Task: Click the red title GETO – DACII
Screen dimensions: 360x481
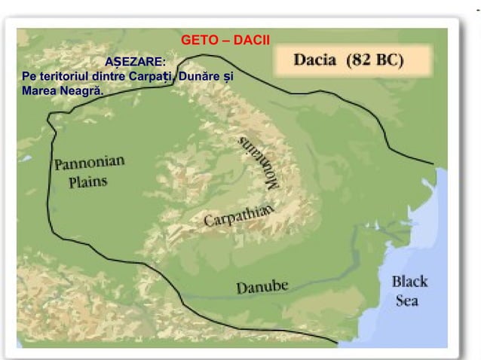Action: coord(225,39)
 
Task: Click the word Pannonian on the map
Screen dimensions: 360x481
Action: coord(89,163)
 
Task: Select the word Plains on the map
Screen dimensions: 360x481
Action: coord(88,182)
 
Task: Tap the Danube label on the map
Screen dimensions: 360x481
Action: coord(262,287)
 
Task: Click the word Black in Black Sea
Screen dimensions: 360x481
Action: coord(409,282)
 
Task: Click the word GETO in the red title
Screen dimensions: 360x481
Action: coord(198,39)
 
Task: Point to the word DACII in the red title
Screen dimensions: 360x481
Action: coord(252,39)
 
